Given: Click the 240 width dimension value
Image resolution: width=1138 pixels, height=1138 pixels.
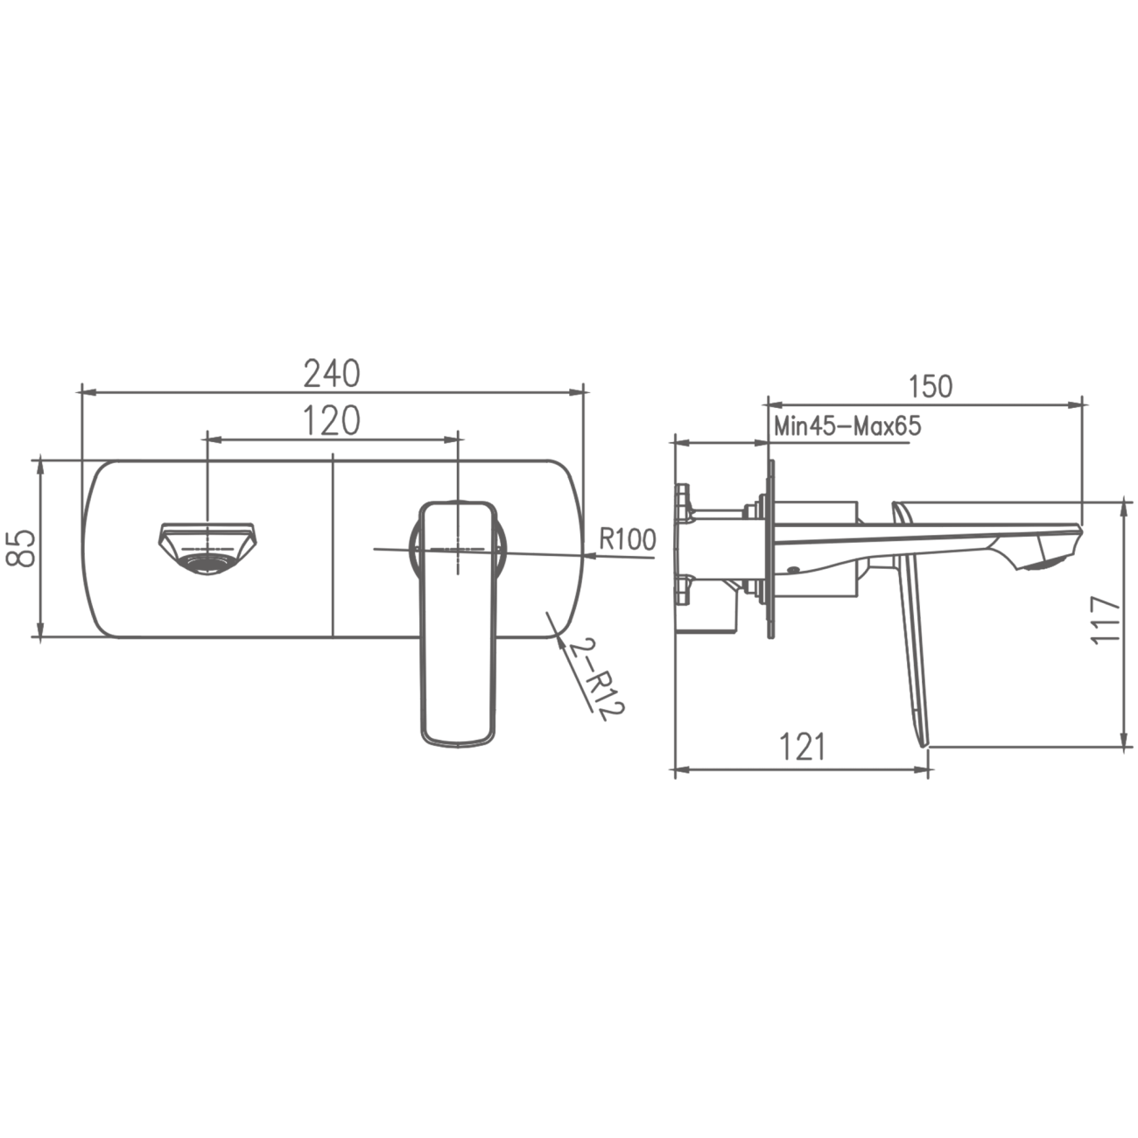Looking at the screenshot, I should [332, 375].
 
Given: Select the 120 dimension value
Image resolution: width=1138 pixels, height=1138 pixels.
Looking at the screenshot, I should [332, 421].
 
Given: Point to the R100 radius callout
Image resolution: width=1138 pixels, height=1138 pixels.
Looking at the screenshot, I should [627, 540].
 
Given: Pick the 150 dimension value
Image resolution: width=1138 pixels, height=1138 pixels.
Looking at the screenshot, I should [930, 386].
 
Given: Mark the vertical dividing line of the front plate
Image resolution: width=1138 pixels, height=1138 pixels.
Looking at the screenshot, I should [334, 547].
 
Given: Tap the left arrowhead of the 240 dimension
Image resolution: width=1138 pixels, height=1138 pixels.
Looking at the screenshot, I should [86, 391].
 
